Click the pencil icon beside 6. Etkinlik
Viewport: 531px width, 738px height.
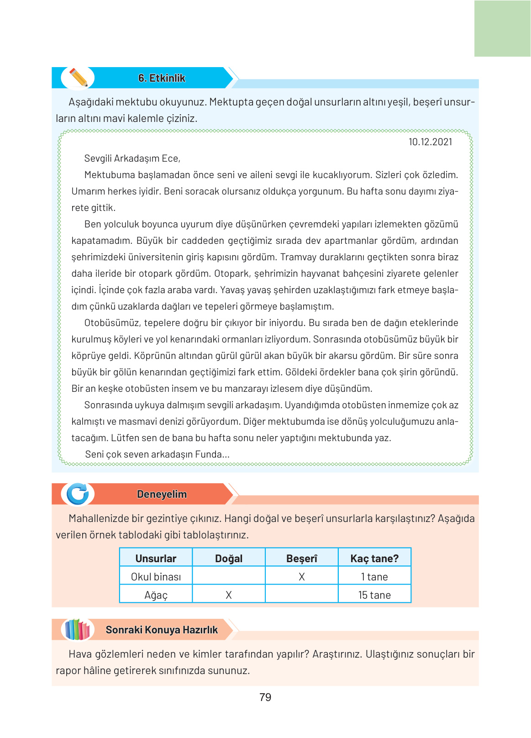pos(78,78)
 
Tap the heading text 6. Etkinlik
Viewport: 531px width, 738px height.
pos(162,78)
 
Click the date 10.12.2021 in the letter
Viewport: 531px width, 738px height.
pos(430,142)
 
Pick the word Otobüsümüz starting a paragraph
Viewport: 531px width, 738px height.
pos(112,323)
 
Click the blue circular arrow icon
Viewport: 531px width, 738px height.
pos(78,494)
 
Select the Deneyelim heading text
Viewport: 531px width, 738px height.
pos(162,494)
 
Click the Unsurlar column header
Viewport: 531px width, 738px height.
pos(156,559)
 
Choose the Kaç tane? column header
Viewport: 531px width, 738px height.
pos(374,559)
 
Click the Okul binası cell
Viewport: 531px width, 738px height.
pos(156,577)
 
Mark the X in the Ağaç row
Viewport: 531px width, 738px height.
pos(229,595)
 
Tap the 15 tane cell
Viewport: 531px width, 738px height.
pos(374,595)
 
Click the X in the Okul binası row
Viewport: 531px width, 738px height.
pos(302,577)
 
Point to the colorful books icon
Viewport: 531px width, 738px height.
pos(77,630)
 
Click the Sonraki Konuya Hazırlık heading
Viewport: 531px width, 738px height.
pos(162,630)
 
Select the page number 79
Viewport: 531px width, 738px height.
pos(265,697)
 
